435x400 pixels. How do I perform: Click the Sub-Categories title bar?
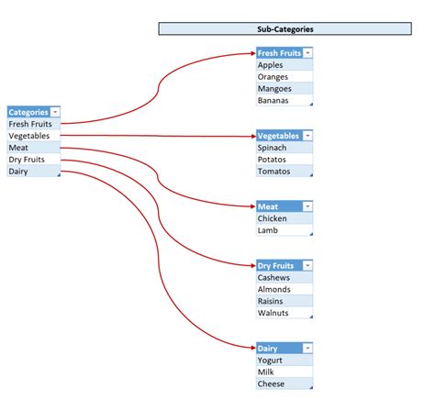(284, 28)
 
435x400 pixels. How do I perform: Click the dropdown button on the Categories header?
(56, 112)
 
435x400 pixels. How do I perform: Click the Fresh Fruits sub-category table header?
(279, 53)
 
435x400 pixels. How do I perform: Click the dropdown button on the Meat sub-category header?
(307, 206)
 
